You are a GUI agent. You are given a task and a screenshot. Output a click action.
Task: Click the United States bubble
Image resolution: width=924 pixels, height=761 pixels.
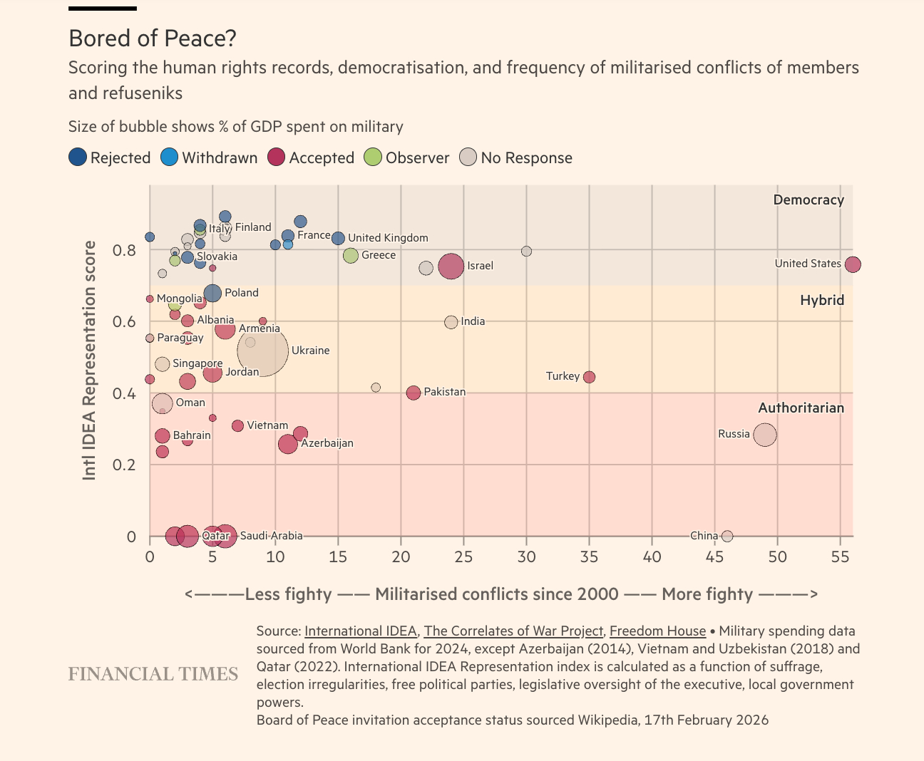[853, 264]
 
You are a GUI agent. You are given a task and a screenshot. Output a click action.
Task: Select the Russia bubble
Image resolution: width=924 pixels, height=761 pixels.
[765, 434]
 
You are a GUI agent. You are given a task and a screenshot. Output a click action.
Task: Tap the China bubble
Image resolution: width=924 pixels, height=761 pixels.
[727, 536]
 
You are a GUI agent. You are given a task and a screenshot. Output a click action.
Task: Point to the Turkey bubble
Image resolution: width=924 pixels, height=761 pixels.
[589, 377]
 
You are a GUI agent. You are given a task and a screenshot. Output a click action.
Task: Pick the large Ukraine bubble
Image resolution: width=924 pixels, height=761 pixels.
[263, 350]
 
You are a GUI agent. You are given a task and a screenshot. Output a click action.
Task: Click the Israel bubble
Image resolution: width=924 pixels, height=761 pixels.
[451, 266]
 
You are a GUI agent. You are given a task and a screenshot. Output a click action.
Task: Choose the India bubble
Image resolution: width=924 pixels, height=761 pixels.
[451, 322]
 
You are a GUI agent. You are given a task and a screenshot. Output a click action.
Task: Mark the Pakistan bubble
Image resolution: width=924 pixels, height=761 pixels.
[414, 393]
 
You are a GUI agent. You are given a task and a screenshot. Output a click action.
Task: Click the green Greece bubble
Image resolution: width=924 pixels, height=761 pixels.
[350, 255]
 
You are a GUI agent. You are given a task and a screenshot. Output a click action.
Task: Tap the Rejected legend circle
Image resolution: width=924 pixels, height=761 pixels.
[78, 157]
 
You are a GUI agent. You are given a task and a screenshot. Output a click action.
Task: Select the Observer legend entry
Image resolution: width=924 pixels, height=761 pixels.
[406, 157]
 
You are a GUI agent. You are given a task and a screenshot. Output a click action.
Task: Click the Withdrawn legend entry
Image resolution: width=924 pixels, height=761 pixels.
[210, 157]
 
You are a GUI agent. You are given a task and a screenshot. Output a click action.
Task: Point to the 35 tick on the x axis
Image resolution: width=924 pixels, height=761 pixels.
[589, 556]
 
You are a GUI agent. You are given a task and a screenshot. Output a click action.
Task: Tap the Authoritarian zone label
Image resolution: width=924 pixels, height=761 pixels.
[801, 408]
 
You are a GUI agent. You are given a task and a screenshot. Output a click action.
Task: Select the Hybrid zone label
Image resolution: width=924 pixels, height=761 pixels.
[821, 300]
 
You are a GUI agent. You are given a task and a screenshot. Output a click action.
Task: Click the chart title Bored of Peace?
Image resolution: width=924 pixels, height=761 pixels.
[152, 38]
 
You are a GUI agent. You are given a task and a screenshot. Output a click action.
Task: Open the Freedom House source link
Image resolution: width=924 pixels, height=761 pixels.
[657, 631]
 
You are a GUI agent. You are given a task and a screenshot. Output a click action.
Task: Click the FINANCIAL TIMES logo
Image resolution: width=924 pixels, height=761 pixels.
[153, 673]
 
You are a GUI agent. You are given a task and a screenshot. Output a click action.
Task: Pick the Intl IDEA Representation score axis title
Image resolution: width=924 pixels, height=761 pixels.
[89, 360]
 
